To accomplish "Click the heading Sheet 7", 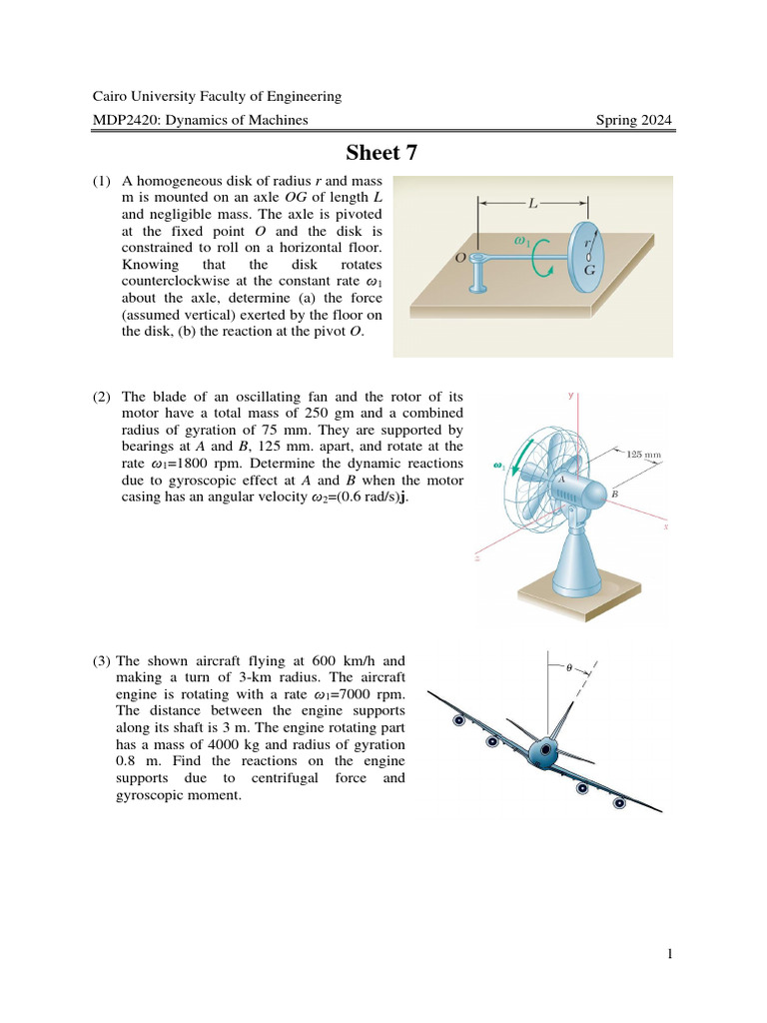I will pyautogui.click(x=382, y=153).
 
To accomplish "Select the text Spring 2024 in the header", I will pyautogui.click(x=634, y=121).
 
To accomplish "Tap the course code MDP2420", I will pyautogui.click(x=122, y=121).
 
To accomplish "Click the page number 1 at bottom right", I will pyautogui.click(x=669, y=955).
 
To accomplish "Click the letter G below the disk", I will pyautogui.click(x=590, y=269).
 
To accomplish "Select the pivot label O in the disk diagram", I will pyautogui.click(x=460, y=258).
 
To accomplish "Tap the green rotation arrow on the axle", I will pyautogui.click(x=539, y=262).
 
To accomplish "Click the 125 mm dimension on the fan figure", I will pyautogui.click(x=643, y=455).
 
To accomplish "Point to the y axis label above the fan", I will pyautogui.click(x=571, y=395).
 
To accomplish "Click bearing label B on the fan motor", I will pyautogui.click(x=614, y=494).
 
